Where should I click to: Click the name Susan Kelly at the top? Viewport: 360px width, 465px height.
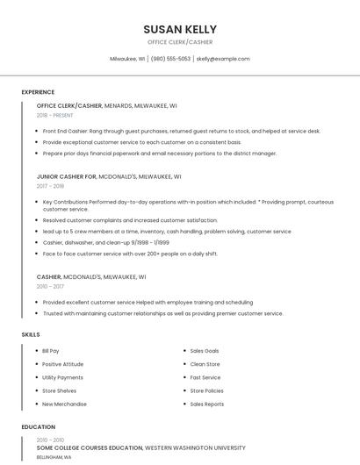180,29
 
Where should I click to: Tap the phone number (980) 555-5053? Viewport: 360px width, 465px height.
170,59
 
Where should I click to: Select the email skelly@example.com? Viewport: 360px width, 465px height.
223,59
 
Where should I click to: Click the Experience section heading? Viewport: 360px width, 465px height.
38,92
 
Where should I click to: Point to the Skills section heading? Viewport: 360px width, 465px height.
31,334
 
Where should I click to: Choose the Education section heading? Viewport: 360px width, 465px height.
38,427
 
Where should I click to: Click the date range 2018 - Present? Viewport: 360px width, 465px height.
55,115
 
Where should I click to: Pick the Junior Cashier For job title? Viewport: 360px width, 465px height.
67,176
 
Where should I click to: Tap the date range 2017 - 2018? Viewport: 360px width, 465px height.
50,186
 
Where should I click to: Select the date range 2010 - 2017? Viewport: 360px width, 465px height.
50,286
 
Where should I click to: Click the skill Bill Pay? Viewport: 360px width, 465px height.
51,351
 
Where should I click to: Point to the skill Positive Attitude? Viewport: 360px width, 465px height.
62,364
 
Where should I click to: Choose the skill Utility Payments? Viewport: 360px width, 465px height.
62,377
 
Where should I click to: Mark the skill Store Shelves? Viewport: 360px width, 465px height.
59,390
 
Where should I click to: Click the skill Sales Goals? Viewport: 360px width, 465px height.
205,351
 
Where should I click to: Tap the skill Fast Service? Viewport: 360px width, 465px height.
205,377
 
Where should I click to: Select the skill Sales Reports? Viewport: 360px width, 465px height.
207,404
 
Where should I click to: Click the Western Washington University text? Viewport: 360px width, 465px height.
195,447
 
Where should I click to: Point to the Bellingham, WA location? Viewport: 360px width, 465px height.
54,457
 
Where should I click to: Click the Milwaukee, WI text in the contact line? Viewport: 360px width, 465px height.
127,59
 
